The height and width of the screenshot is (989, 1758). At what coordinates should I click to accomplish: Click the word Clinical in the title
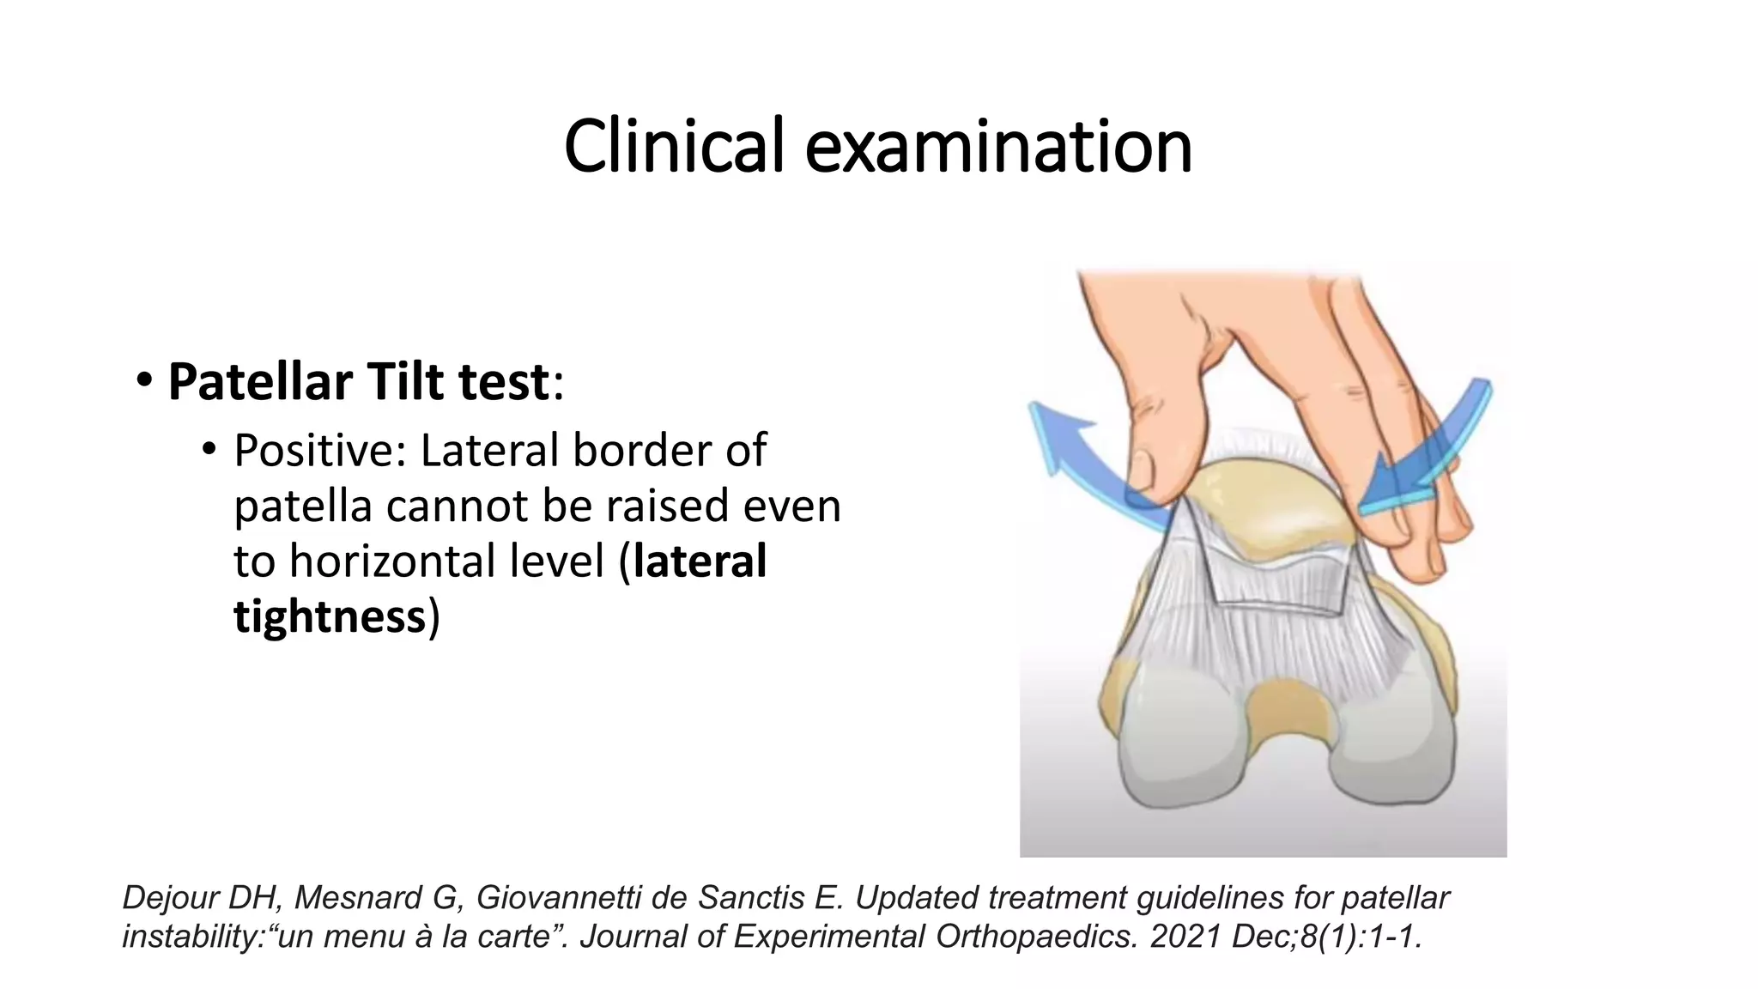(x=674, y=146)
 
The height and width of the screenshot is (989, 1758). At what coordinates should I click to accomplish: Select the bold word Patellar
(x=261, y=382)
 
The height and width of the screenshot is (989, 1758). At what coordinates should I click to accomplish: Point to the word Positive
(x=318, y=451)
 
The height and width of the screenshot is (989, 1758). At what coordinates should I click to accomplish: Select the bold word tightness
(x=330, y=616)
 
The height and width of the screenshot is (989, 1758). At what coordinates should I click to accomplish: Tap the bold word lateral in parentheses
(x=700, y=561)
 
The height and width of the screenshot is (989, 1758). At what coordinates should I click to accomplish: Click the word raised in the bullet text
(x=669, y=506)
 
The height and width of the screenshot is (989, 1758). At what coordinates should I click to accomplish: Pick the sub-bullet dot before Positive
(x=209, y=449)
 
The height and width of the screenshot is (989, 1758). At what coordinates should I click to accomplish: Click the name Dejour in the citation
(x=171, y=898)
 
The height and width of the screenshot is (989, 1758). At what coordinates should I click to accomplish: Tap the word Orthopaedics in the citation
(x=1035, y=937)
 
